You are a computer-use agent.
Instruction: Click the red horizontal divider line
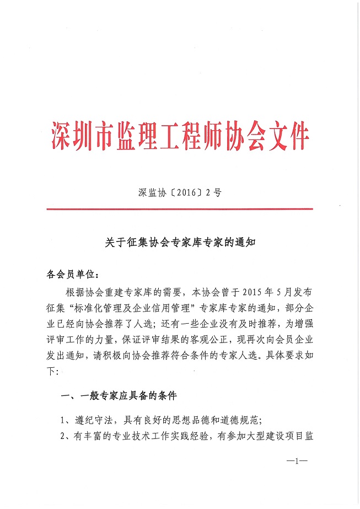pos(180,209)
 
